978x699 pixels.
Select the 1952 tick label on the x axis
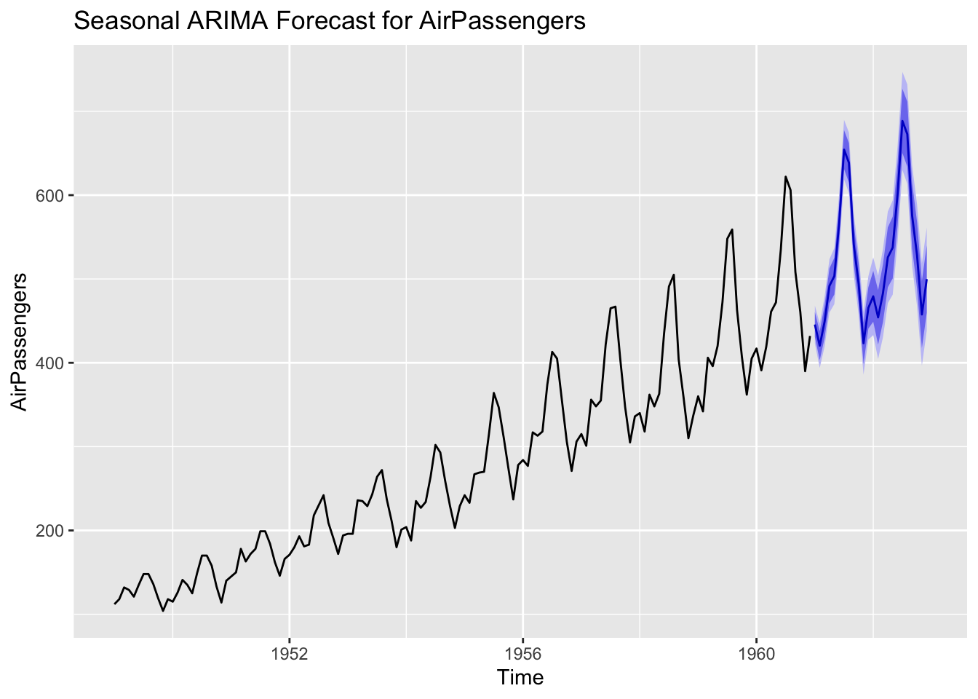[x=290, y=653]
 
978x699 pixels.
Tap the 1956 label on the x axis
[x=523, y=653]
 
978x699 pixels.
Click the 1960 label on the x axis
[x=757, y=653]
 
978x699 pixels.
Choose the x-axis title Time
[x=520, y=678]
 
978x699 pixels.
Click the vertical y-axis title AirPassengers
[x=21, y=341]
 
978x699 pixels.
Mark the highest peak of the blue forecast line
[x=902, y=121]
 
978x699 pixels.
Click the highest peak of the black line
[x=786, y=177]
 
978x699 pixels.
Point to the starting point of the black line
[x=114, y=604]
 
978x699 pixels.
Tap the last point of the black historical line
[x=810, y=336]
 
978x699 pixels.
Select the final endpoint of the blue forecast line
[x=926, y=280]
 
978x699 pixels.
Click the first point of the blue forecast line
[x=815, y=325]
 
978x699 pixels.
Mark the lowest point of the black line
[x=163, y=611]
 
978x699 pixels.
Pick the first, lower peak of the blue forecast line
[x=844, y=150]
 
